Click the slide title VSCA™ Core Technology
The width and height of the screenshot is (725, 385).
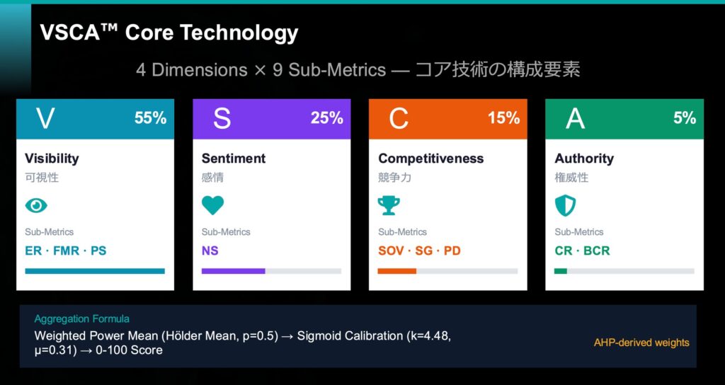[169, 33]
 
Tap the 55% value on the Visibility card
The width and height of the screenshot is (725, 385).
[150, 118]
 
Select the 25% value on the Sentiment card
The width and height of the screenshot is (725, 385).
[326, 118]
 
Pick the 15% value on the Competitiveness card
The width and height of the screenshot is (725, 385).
[503, 118]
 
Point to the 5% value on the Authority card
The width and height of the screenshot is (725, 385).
[685, 118]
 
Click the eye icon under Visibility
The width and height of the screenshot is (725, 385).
[36, 205]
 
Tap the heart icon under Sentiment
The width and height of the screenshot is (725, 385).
[212, 205]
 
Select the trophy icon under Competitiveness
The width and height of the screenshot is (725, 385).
[389, 205]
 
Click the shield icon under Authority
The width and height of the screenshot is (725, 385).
[565, 205]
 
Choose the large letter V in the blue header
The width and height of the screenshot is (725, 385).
[45, 119]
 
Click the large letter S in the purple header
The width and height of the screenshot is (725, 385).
[222, 119]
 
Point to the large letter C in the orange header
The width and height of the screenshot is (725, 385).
[399, 119]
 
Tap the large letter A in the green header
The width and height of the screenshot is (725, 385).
[575, 119]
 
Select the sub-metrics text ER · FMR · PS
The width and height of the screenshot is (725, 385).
[65, 251]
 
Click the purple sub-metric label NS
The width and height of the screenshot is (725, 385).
[211, 251]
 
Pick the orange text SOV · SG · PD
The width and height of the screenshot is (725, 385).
[419, 251]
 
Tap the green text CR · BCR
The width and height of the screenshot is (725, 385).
[582, 251]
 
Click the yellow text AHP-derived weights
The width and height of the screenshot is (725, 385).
[641, 343]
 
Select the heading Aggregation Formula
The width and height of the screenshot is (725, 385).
[81, 319]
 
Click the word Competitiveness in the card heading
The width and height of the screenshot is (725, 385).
[430, 159]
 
